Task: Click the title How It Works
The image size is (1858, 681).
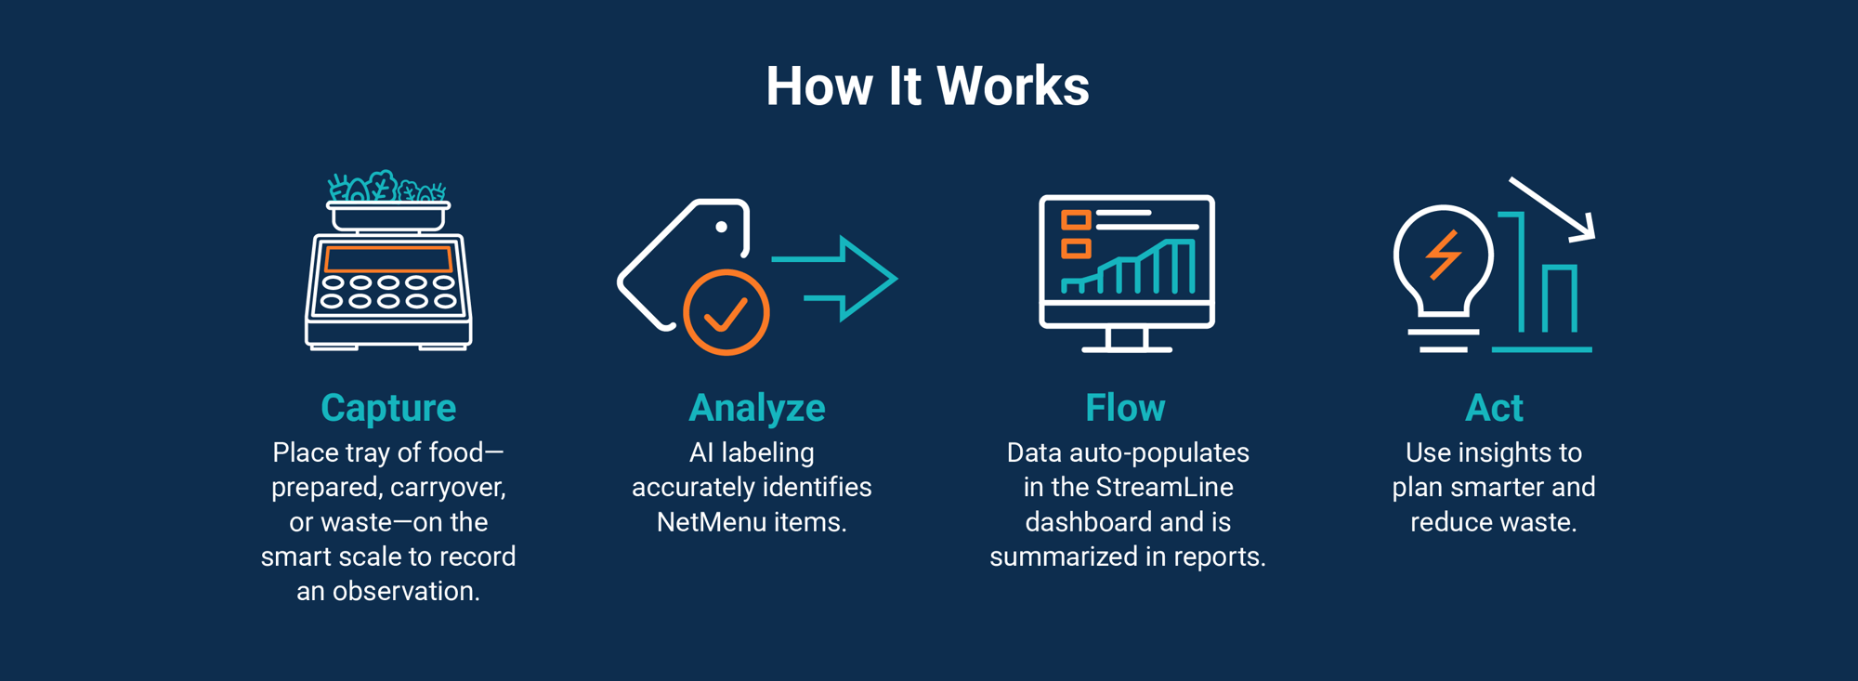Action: [x=927, y=86]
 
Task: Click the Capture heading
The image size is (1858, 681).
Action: [x=388, y=408]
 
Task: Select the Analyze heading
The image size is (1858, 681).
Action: [x=757, y=408]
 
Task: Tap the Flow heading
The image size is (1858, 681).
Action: [x=1125, y=408]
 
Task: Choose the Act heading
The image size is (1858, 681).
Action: [x=1494, y=408]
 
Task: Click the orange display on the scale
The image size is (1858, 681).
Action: [x=388, y=259]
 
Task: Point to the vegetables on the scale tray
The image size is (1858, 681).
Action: [x=386, y=187]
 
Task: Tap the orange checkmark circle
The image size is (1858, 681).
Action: [x=726, y=313]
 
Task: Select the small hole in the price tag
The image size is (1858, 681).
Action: [x=721, y=227]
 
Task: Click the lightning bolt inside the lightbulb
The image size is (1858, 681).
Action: [x=1443, y=254]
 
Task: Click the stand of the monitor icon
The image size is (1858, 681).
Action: [x=1127, y=340]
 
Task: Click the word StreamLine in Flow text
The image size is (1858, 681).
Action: [x=1164, y=488]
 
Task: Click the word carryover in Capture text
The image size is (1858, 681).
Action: [x=447, y=488]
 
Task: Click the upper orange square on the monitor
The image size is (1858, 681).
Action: [x=1075, y=220]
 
